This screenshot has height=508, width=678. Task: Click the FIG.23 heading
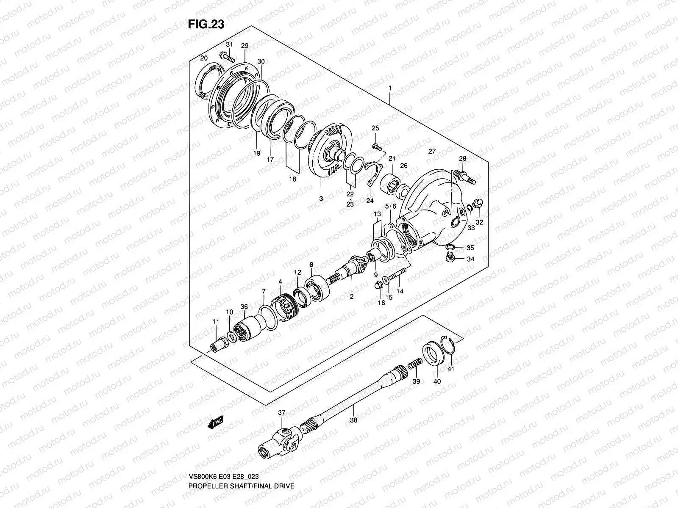pos(206,25)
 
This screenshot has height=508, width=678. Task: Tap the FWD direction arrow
pos(215,423)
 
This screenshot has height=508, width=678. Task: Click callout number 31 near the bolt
pos(229,45)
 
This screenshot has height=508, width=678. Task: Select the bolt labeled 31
pos(227,57)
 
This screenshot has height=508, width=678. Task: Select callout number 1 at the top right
pos(390,88)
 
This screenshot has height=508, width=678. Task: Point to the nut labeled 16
pos(379,287)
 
